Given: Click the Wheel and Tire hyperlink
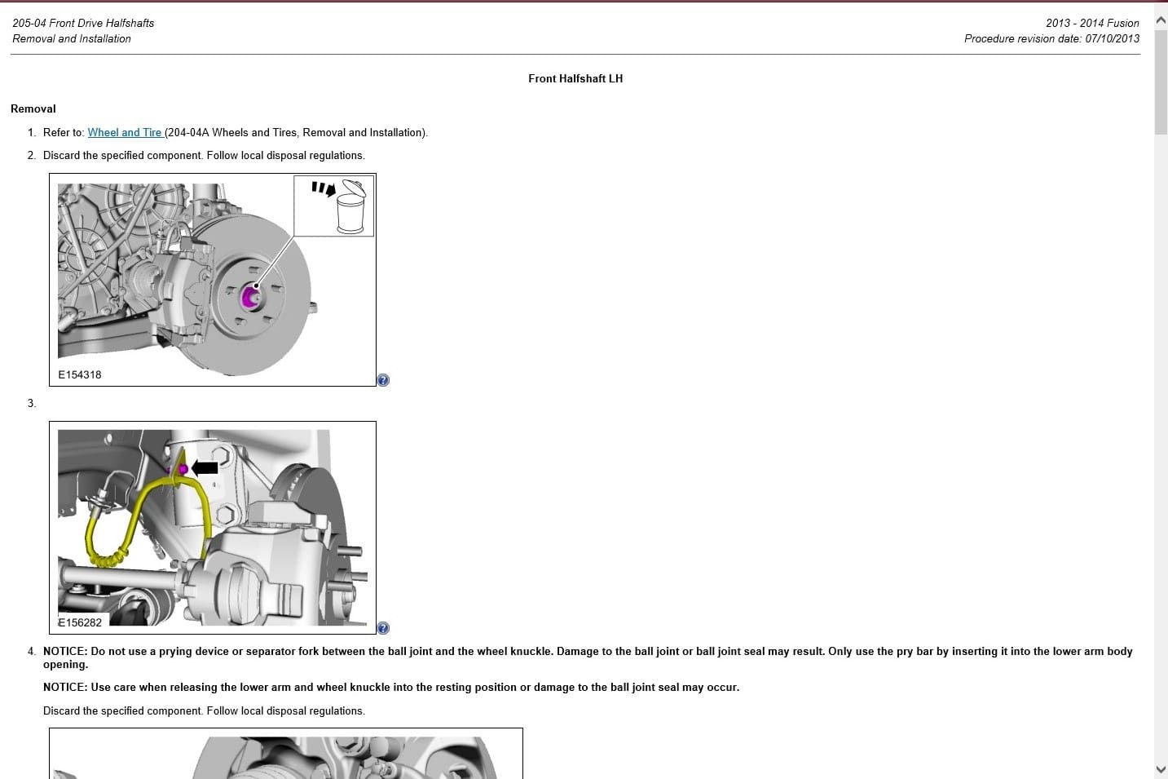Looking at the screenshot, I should pos(125,132).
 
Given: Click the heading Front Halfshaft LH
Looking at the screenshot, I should pos(575,78).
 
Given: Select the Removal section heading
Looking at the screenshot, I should pos(33,108).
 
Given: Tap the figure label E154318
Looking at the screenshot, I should pos(80,374).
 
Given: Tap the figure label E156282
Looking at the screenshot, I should pos(80,622).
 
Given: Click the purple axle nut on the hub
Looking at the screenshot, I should pos(249,297).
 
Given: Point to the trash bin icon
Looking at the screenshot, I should pos(350,209).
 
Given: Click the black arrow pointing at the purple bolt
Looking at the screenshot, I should pos(205,467).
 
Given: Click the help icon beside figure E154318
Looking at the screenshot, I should pos(383,380).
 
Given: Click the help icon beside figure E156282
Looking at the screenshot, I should pos(383,628).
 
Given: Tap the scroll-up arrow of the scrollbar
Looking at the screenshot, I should pos(1161,20).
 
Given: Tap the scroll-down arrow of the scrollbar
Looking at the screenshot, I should pos(1161,768).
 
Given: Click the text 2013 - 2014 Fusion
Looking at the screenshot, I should pos(1092,23).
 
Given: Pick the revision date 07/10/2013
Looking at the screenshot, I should pos(1112,38).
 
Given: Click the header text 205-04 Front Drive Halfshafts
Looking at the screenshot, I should pos(83,23).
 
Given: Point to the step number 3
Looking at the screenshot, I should pos(31,403).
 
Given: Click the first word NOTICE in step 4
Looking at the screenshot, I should pos(64,651).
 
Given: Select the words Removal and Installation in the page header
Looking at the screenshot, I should pos(72,38).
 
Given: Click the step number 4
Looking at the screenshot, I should pos(31,651).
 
